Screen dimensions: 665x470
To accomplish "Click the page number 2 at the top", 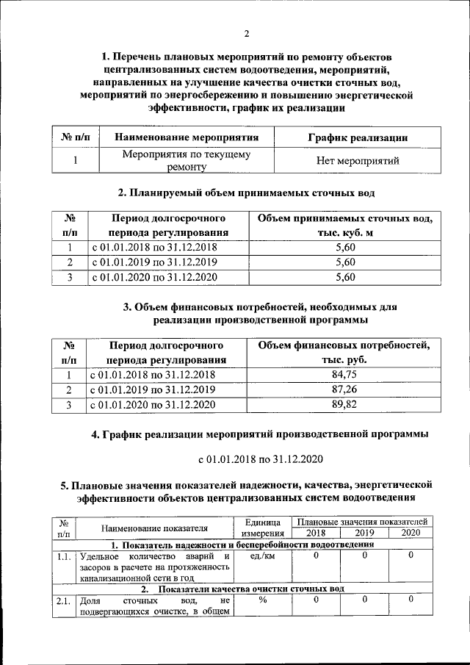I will tap(247, 33).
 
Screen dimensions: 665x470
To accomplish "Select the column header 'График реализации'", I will tap(357, 137).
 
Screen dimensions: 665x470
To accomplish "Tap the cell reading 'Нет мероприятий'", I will tap(357, 160).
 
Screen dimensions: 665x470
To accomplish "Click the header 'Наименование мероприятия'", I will tap(187, 137).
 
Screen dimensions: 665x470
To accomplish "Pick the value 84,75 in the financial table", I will tap(344, 375).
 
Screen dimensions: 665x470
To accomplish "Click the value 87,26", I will tap(344, 389).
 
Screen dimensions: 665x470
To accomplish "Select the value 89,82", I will tap(344, 404).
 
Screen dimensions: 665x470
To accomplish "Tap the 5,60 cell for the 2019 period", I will tap(344, 262).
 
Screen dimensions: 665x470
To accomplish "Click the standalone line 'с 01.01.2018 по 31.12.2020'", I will tap(260, 459).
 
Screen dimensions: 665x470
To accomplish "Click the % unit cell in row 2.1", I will tap(261, 600).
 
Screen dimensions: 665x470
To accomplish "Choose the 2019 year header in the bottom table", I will tap(364, 533).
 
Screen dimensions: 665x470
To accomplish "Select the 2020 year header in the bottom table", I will tap(411, 533).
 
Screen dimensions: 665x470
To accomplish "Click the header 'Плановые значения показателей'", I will tap(363, 521).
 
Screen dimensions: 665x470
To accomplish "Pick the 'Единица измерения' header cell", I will tap(262, 527).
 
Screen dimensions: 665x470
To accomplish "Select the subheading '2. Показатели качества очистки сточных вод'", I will tap(242, 589).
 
